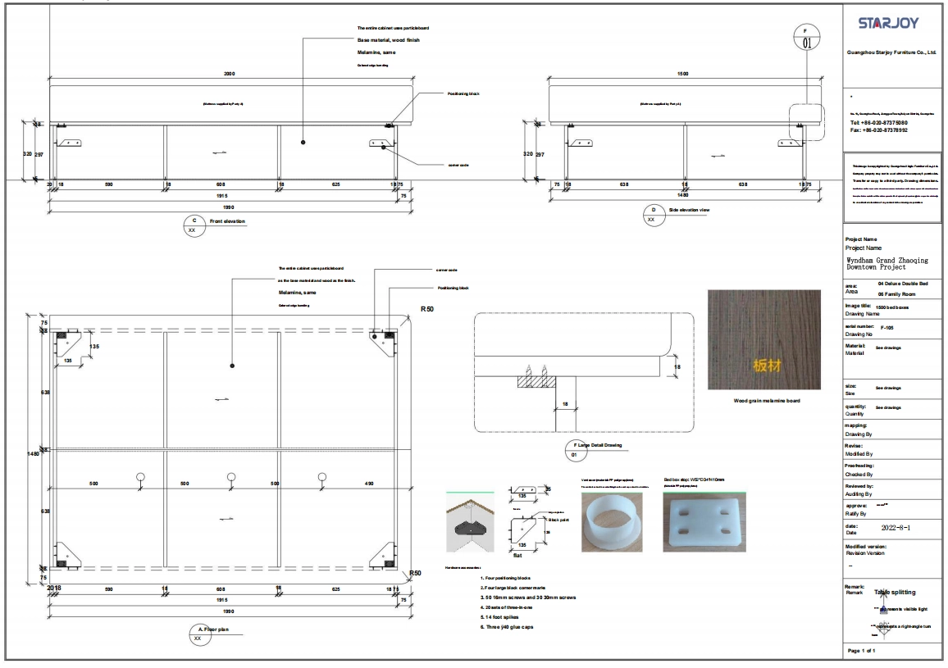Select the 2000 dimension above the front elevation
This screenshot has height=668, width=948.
pyautogui.click(x=230, y=74)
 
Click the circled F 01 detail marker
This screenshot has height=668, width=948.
pyautogui.click(x=805, y=38)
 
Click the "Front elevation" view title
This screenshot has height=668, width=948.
pyautogui.click(x=227, y=221)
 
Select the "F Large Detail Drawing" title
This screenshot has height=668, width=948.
pyautogui.click(x=598, y=445)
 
